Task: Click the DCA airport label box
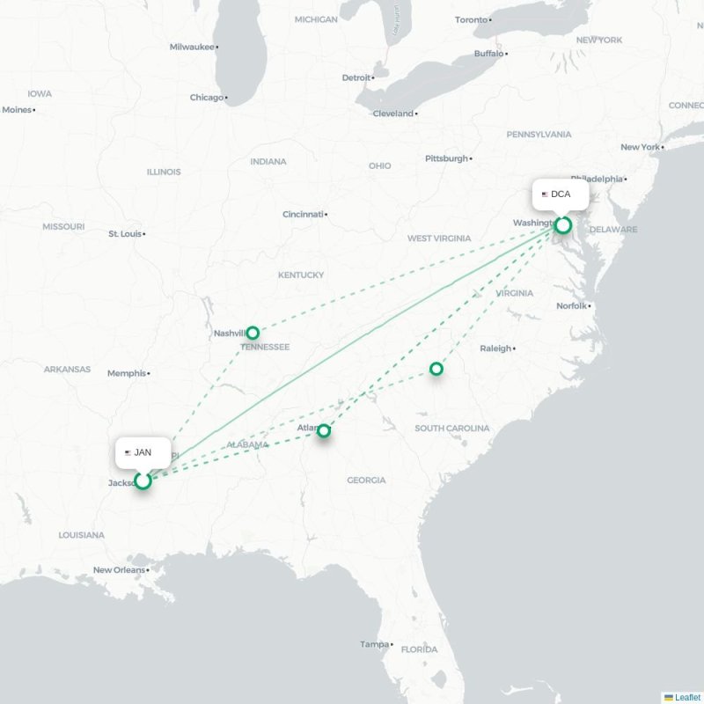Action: (561, 194)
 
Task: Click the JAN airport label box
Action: (143, 452)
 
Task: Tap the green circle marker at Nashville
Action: (253, 333)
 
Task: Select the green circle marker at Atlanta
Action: (324, 430)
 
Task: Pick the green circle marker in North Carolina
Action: (436, 369)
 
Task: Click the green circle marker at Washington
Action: (563, 225)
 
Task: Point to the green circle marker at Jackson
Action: (143, 480)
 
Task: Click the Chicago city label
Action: (207, 98)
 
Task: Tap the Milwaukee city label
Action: (193, 47)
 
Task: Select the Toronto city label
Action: (471, 20)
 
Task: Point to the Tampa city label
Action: (374, 645)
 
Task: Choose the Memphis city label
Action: (127, 373)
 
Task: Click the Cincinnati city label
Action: (303, 214)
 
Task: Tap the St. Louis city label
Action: (125, 234)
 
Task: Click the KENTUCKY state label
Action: (301, 275)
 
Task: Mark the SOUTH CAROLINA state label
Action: (452, 429)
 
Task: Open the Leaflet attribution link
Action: (687, 697)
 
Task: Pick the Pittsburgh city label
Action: (446, 158)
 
